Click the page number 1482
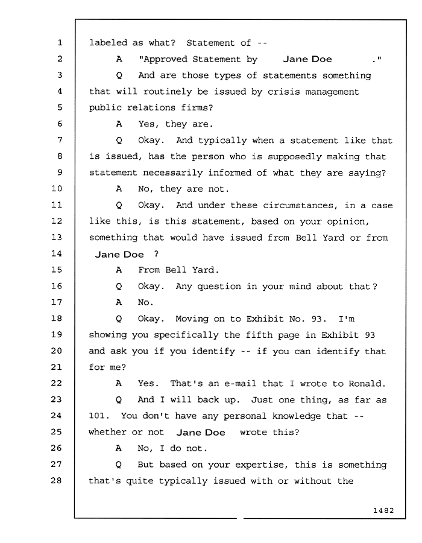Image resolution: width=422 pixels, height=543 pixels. click(x=383, y=510)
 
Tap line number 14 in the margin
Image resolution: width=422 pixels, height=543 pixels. click(x=57, y=253)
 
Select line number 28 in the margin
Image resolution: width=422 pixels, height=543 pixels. click(x=57, y=480)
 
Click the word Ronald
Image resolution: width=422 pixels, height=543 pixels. click(x=367, y=384)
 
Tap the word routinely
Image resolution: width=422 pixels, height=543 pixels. click(x=168, y=92)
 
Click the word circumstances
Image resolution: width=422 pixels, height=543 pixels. click(x=300, y=205)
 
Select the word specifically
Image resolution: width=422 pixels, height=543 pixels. click(x=186, y=335)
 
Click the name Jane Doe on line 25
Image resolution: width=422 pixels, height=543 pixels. click(x=201, y=433)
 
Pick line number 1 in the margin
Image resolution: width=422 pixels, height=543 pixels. click(x=60, y=43)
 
